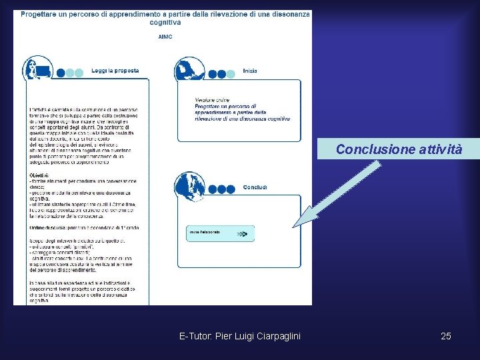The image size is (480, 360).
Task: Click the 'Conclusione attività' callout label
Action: coord(399,149)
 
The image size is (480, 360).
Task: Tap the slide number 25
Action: coord(446,336)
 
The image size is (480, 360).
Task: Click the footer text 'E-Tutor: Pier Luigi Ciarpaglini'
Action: coord(240,336)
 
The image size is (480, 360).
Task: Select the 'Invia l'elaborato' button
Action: coord(220,233)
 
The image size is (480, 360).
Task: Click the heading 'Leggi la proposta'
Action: coord(115,71)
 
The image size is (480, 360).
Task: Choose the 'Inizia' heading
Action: coord(250,71)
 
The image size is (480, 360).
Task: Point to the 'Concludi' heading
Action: coord(255,187)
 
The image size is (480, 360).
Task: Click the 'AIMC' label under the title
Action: coord(165,37)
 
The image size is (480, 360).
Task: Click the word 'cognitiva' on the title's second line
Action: coord(165,22)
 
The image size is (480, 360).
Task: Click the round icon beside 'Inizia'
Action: coord(189,70)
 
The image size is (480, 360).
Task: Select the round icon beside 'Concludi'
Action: coord(189,186)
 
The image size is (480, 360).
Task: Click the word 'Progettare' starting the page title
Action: coord(39,13)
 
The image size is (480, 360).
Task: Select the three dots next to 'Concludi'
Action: coord(221,189)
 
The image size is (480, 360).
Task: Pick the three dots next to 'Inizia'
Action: coord(221,73)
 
